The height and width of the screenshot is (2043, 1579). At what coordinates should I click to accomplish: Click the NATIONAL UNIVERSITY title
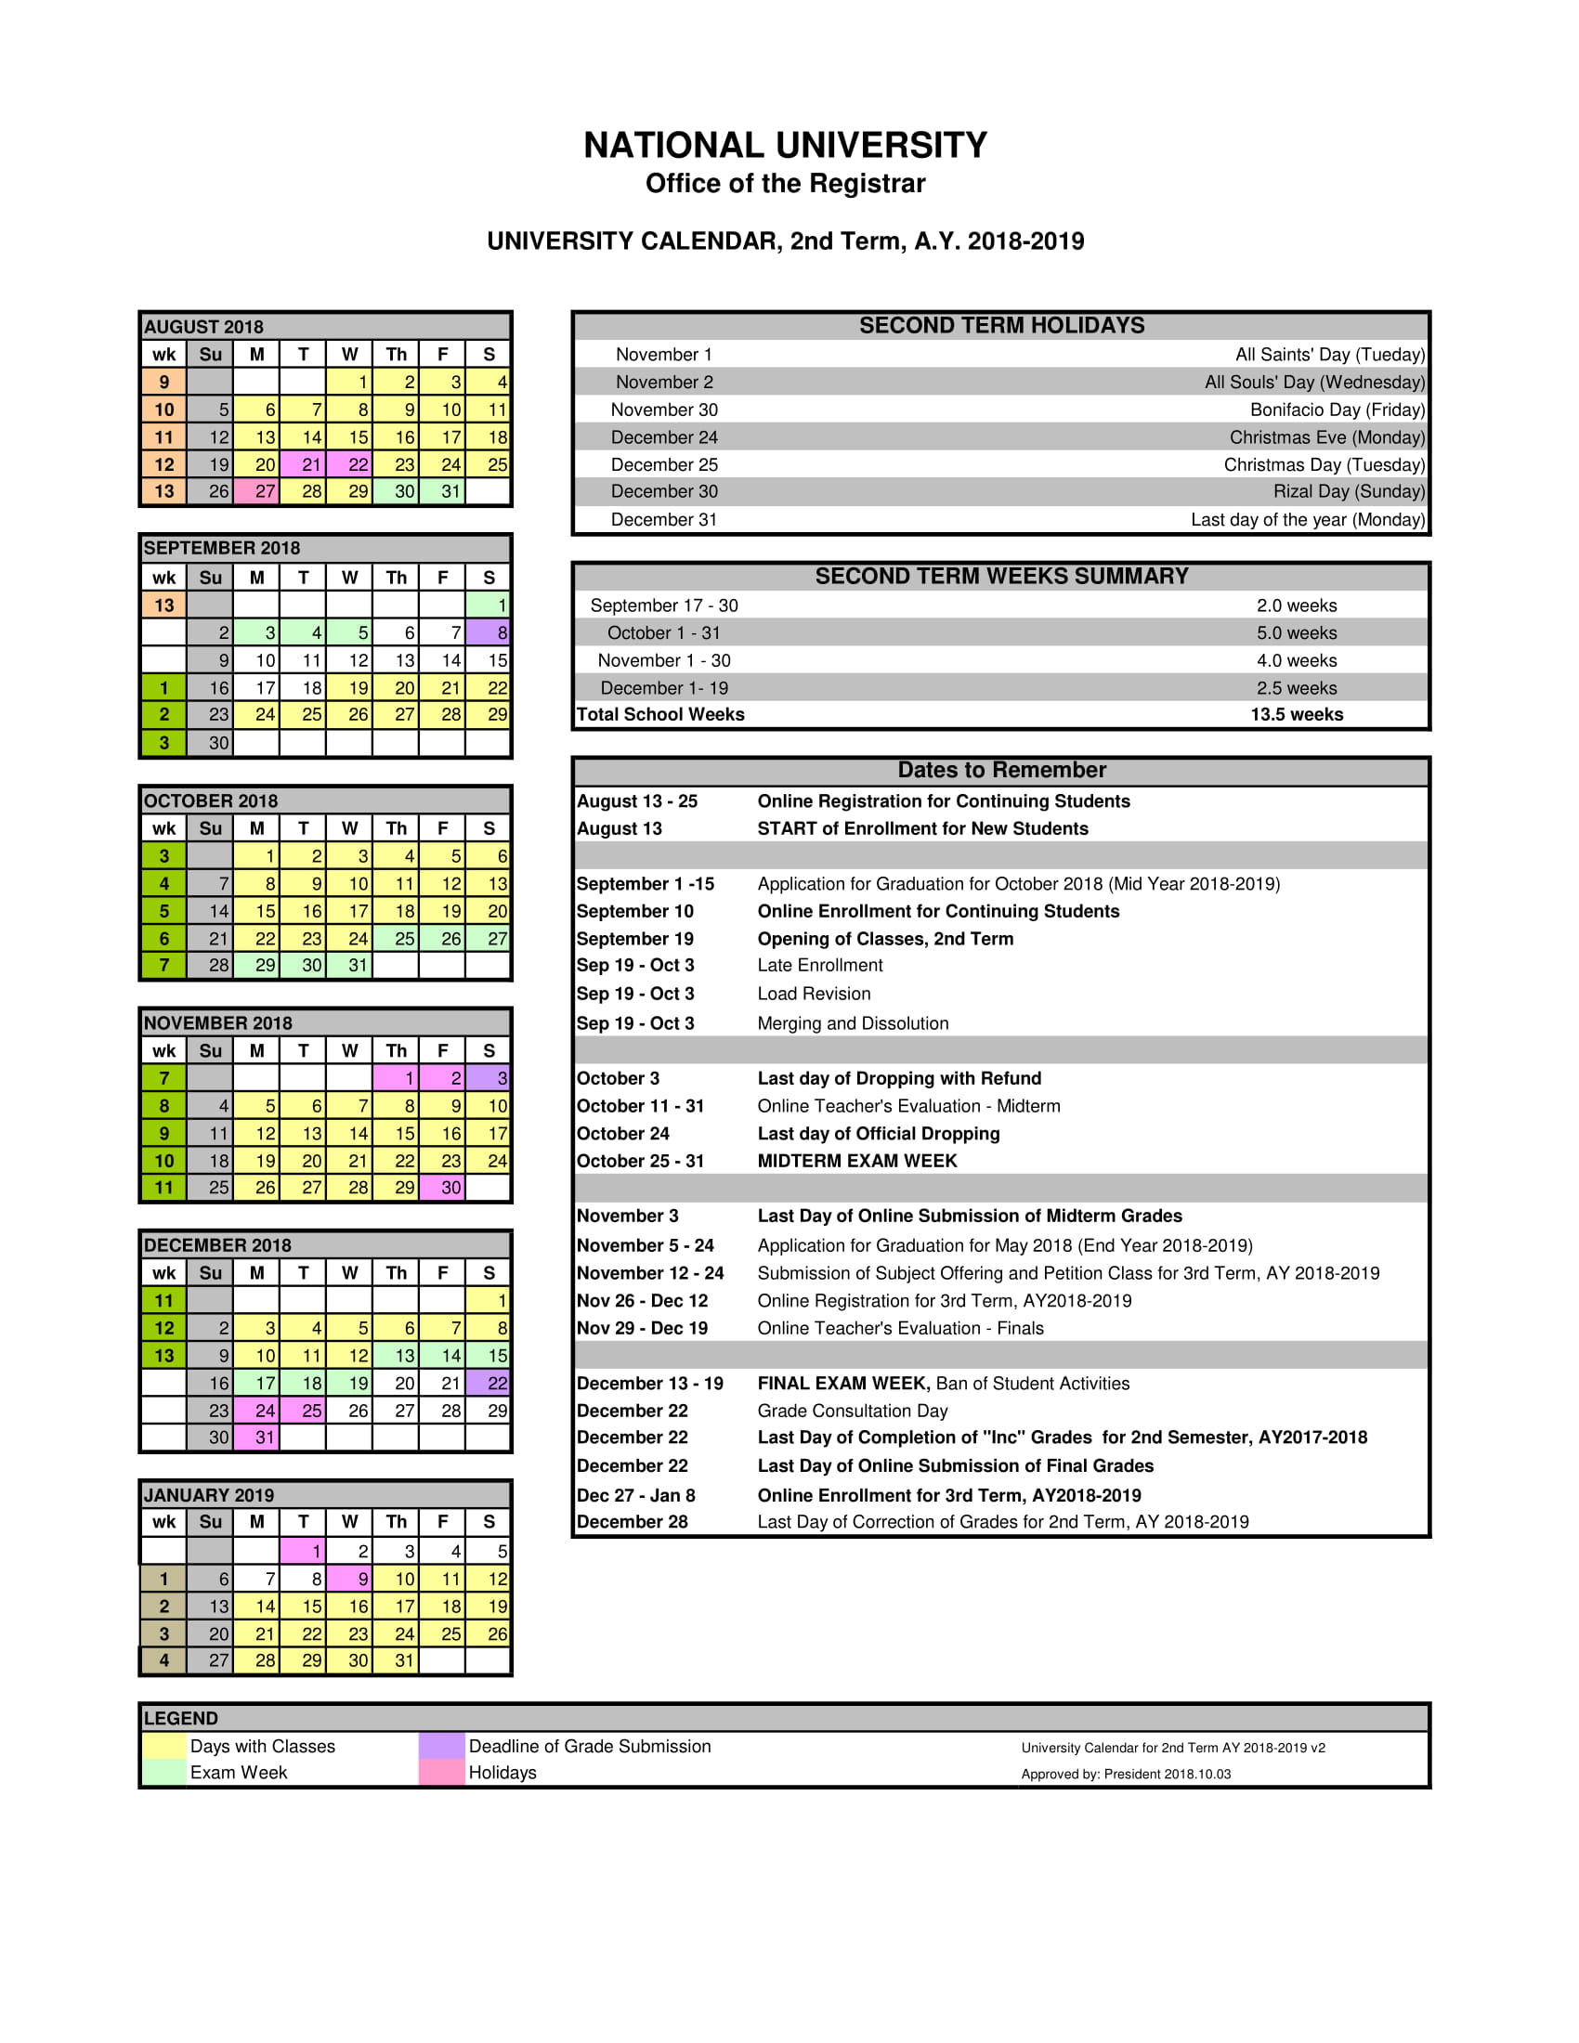point(785,146)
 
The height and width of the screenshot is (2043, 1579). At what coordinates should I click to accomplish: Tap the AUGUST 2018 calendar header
point(204,327)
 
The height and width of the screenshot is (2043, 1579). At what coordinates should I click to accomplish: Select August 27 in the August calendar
point(257,492)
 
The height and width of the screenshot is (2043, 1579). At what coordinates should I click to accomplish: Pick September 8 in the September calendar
point(489,633)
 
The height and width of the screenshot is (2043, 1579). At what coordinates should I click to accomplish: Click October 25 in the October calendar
point(397,938)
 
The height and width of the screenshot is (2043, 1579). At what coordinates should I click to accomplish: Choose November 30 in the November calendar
point(443,1188)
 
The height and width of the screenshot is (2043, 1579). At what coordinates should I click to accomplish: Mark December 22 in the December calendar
point(489,1384)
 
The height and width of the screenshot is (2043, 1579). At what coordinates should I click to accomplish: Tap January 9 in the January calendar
point(350,1579)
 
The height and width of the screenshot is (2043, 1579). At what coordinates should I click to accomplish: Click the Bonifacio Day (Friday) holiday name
point(1337,410)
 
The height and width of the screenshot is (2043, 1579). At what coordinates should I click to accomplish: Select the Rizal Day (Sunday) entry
point(1348,492)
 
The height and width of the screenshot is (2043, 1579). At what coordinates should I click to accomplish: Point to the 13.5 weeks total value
point(1296,715)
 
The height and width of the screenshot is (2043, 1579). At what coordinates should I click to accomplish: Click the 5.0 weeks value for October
point(1296,633)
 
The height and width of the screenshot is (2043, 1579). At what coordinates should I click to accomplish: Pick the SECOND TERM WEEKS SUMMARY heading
point(1001,577)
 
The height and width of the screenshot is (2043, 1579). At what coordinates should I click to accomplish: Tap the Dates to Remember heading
point(1001,770)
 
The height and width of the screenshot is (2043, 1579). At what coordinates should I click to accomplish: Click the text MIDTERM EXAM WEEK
point(857,1161)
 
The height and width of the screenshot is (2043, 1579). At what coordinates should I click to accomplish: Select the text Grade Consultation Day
point(852,1411)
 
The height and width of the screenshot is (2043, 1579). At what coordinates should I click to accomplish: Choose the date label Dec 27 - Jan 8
point(635,1495)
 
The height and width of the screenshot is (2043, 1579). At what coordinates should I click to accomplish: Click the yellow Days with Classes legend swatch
point(164,1746)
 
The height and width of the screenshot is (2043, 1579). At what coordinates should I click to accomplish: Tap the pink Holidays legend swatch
point(441,1773)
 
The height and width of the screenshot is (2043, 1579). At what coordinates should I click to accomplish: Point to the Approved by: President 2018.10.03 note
point(1126,1774)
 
